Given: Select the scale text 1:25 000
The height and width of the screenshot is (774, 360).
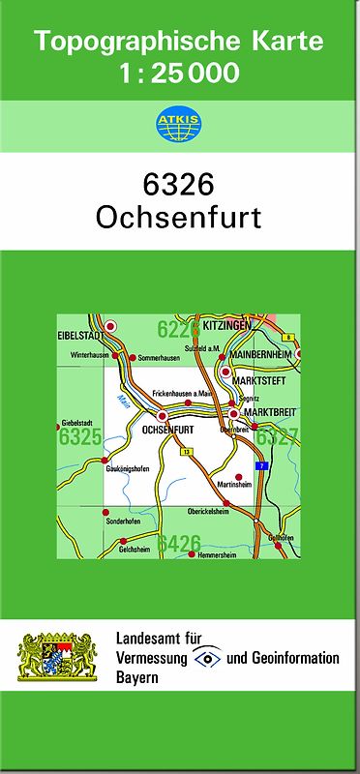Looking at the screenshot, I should tap(179, 74).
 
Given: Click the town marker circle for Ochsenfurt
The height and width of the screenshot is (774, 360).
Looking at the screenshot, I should tap(135, 416).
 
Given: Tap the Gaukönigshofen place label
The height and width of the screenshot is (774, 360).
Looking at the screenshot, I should tap(127, 469).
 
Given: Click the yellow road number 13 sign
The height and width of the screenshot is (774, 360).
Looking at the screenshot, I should tap(187, 452).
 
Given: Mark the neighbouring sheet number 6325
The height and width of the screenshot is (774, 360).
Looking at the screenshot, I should tap(79, 437).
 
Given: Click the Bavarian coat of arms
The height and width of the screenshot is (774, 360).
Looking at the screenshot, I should tap(58, 658).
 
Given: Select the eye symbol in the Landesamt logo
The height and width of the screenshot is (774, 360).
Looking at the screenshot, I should tap(206, 658).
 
